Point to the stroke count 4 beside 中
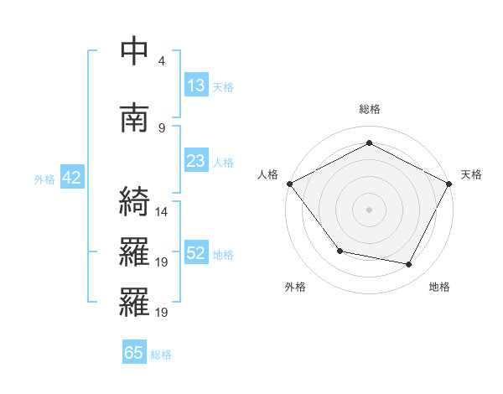[x=162, y=61]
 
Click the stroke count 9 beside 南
[x=162, y=127]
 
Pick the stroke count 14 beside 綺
[x=162, y=211]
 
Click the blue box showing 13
[x=196, y=86]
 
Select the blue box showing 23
[x=196, y=161]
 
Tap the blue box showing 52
[x=196, y=253]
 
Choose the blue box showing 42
[x=71, y=179]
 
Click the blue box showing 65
[x=134, y=353]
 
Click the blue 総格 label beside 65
[x=161, y=355]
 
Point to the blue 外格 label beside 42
[x=44, y=179]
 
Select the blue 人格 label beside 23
[x=223, y=162]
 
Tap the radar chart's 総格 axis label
[x=370, y=109]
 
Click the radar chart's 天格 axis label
[x=471, y=174]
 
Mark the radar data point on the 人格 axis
[x=289, y=184]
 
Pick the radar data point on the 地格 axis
[x=409, y=265]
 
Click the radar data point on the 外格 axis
[x=340, y=251]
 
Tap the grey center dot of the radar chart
[x=370, y=209]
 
